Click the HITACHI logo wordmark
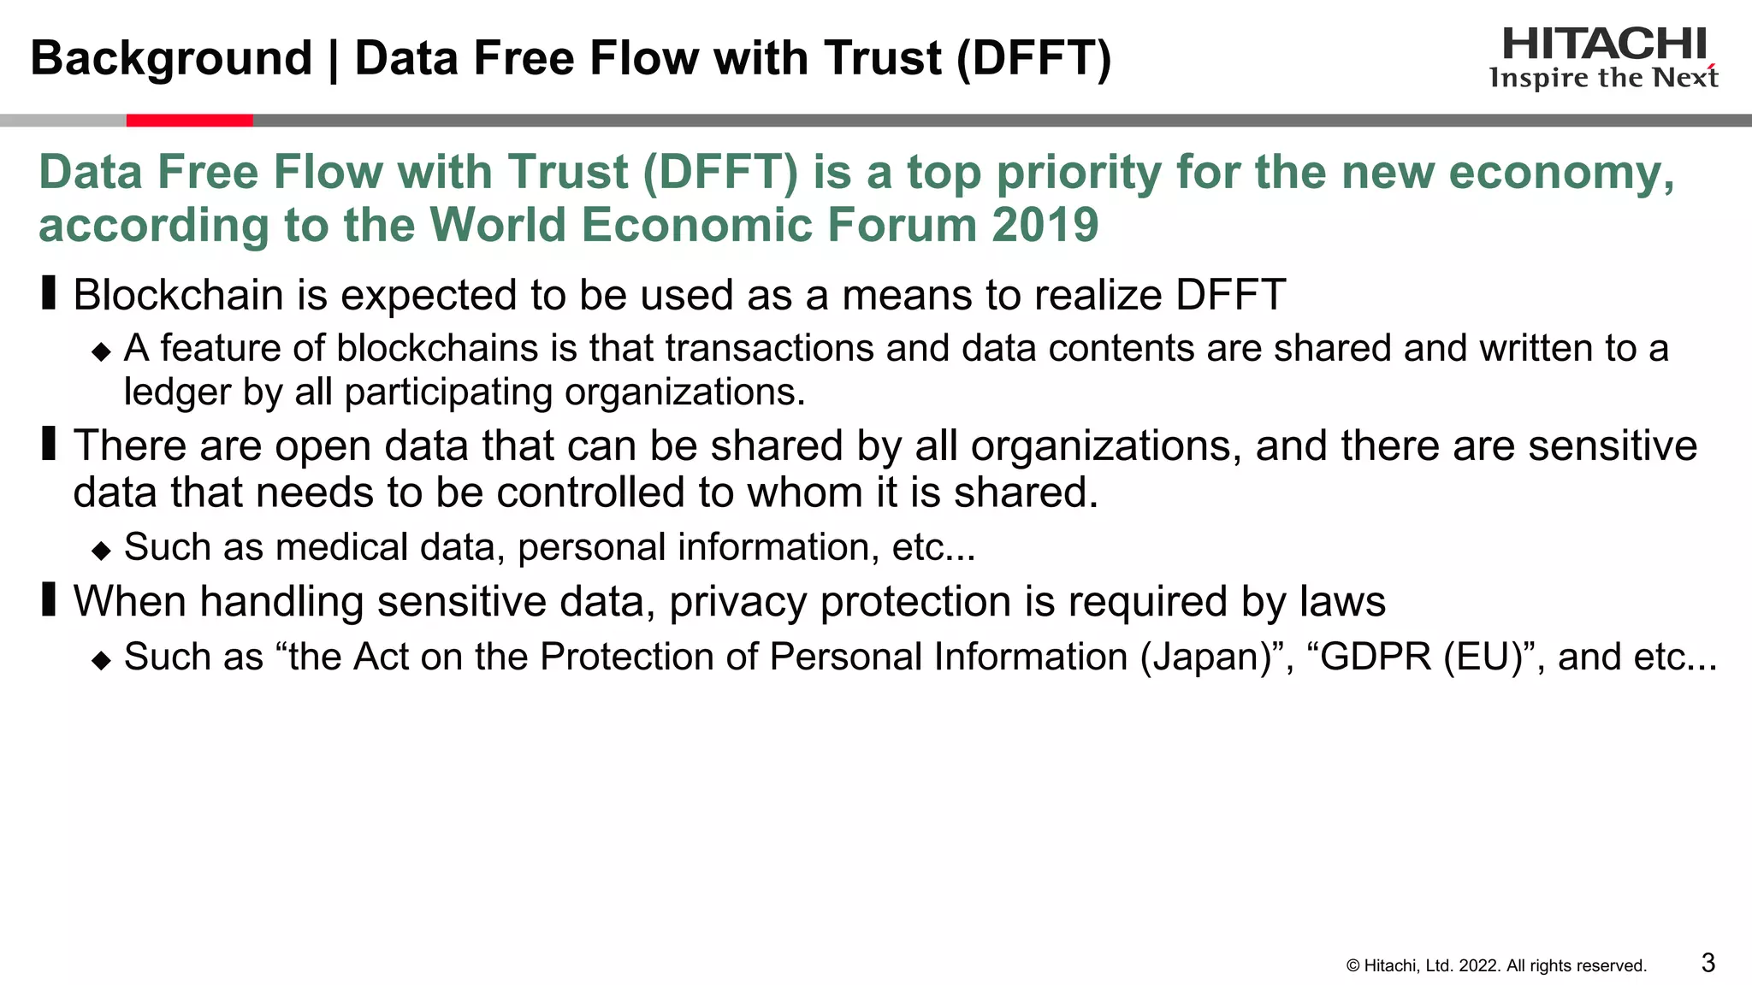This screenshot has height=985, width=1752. pos(1604,44)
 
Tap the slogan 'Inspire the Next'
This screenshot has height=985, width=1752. pos(1603,79)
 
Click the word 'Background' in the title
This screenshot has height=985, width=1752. pos(171,58)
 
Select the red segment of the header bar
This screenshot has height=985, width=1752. pos(189,121)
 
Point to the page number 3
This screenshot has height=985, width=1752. pos(1708,963)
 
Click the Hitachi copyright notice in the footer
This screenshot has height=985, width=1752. pos(1496,966)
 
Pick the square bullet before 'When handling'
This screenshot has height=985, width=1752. pos(49,599)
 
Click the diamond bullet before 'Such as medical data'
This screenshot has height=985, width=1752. pos(102,550)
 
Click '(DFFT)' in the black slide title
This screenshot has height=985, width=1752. pos(1033,58)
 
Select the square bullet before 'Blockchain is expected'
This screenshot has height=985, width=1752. pos(49,293)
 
